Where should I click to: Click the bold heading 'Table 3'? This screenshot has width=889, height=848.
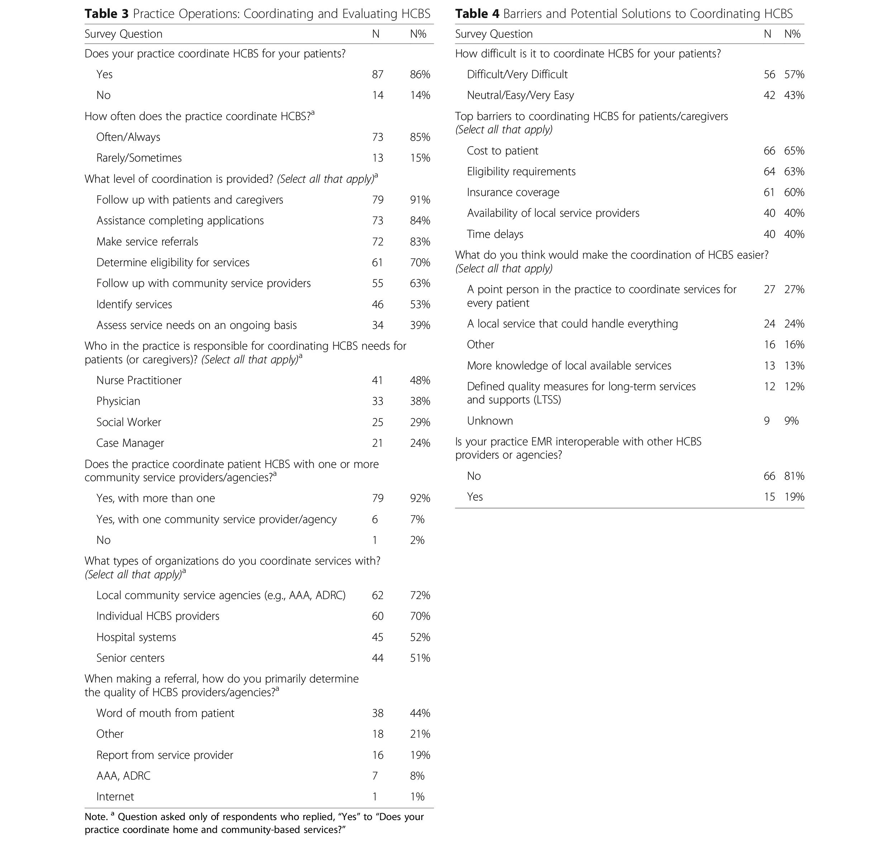tap(107, 14)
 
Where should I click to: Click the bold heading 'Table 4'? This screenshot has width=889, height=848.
tap(477, 14)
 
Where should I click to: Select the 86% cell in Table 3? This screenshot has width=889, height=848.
tap(420, 75)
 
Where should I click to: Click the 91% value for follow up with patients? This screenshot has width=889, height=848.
tap(420, 200)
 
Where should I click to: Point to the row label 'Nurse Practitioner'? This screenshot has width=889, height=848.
tap(139, 380)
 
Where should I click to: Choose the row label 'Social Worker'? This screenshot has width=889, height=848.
tap(128, 422)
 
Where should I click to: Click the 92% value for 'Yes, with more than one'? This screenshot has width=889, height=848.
tap(420, 498)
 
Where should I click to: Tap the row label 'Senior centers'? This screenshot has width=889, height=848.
tap(130, 658)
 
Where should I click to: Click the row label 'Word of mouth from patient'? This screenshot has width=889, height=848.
tap(165, 713)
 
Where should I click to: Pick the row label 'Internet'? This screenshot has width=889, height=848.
tap(115, 796)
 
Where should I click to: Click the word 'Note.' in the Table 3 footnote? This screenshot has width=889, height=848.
tap(96, 817)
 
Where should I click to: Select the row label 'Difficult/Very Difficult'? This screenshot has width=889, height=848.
tap(517, 75)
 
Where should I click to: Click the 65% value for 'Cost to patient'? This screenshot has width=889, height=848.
tap(794, 151)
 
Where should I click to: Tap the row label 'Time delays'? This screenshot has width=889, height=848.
tap(495, 234)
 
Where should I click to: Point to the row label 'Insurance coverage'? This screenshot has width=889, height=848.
tap(513, 192)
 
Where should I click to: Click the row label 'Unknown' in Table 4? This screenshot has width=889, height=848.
tap(490, 421)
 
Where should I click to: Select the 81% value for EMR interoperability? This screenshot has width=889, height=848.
tap(794, 476)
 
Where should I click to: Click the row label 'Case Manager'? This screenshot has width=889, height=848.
tap(130, 443)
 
